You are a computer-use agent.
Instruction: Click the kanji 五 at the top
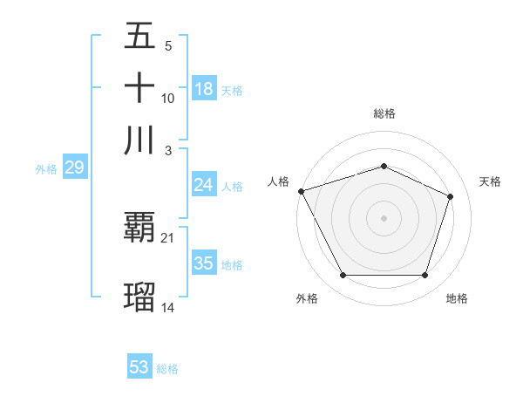point(139,37)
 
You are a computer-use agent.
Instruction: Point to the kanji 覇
point(139,229)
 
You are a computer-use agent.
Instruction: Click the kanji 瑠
point(139,297)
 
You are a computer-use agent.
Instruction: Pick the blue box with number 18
point(204,89)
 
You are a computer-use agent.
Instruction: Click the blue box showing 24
point(204,185)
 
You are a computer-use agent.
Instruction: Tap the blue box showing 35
point(204,263)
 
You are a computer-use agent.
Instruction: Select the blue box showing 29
point(74,168)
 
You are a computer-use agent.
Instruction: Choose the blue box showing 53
point(139,367)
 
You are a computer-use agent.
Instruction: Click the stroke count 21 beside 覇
point(168,237)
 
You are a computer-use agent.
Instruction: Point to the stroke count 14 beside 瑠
point(168,306)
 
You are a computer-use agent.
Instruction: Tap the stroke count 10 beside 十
point(168,98)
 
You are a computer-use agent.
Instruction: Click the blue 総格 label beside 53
point(167,369)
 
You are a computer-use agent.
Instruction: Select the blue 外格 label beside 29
point(46,170)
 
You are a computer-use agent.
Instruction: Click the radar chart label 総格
point(384,113)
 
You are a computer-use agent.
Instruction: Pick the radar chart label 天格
point(491,181)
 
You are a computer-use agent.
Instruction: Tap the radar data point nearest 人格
point(301,191)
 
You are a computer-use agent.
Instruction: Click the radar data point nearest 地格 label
point(425,276)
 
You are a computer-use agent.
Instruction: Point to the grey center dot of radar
point(384,217)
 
